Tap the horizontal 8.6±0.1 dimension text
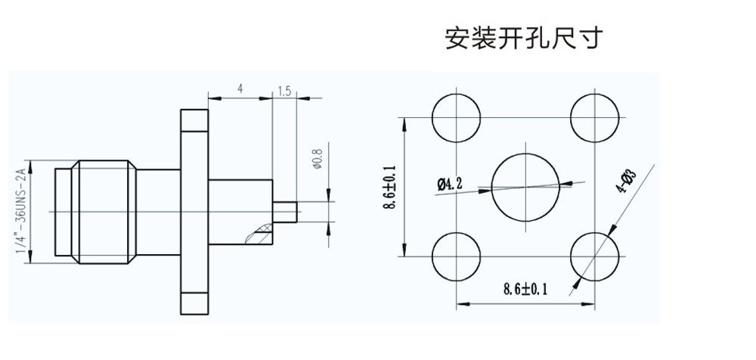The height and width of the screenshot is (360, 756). click(525, 288)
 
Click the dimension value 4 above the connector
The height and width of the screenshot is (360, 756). click(240, 89)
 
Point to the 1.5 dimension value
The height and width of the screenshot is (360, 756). click(284, 92)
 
